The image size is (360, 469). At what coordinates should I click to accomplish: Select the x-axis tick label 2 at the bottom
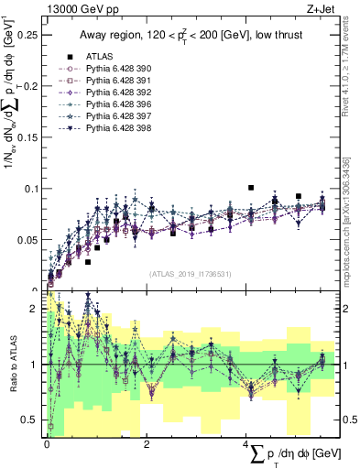pyautogui.click(x=147, y=444)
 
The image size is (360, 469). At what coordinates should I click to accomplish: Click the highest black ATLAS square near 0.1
pyautogui.click(x=250, y=188)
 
